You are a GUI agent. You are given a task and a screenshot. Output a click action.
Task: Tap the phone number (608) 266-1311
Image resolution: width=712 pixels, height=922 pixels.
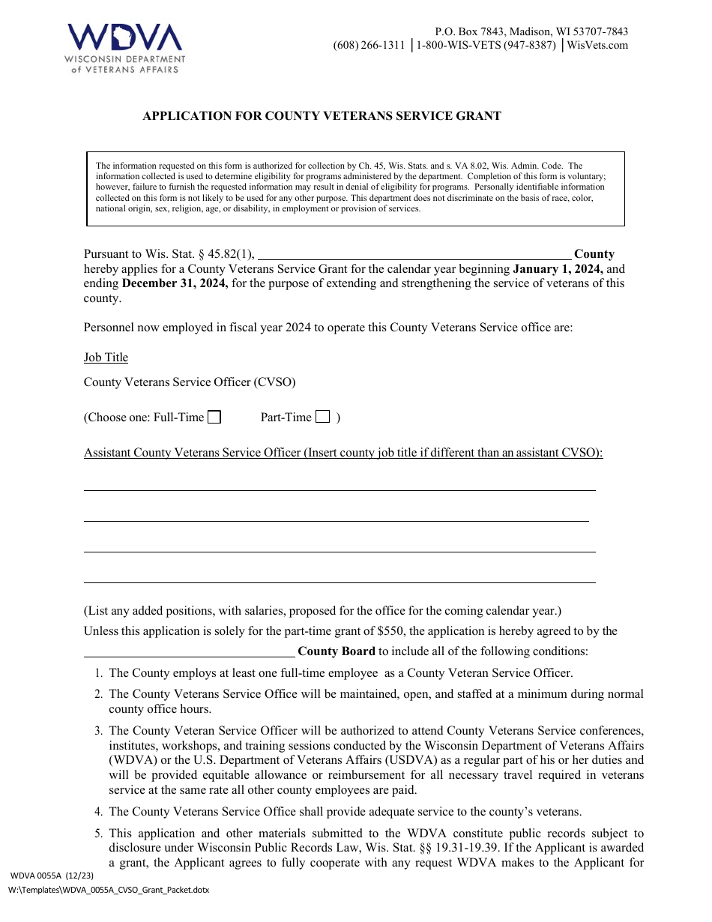click(x=369, y=46)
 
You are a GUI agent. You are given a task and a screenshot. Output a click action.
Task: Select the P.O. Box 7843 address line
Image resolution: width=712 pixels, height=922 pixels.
click(x=531, y=32)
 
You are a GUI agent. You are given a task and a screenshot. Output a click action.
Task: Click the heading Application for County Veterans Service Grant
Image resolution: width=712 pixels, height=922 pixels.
click(x=322, y=116)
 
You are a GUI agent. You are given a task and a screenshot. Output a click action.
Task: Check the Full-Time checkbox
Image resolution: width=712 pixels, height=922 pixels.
click(x=214, y=418)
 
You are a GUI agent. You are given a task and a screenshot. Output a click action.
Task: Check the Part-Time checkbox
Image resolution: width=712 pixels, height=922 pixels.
click(x=323, y=418)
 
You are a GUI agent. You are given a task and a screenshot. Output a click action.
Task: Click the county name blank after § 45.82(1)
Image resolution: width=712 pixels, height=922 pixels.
click(x=414, y=254)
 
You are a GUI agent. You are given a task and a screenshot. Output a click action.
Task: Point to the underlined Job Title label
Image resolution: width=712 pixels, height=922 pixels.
click(x=106, y=358)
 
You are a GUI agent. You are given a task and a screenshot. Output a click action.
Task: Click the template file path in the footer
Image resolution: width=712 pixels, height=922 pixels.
click(x=109, y=890)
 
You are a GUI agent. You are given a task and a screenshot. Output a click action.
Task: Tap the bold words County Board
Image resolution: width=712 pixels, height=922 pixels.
click(x=337, y=651)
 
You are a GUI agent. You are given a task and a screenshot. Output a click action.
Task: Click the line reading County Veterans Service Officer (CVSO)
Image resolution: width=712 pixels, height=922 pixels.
click(x=190, y=382)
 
